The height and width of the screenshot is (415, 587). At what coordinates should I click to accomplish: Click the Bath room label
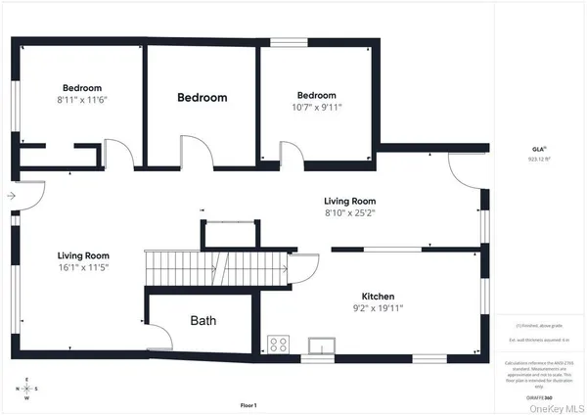203,320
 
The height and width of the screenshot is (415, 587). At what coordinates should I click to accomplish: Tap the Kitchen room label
377,295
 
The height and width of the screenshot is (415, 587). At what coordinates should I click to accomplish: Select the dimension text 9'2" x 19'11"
377,307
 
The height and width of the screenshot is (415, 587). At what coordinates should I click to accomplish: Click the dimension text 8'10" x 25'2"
350,212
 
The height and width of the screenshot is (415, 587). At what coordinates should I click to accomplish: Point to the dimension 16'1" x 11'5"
82,267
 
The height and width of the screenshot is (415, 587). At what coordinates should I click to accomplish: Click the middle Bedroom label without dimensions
202,98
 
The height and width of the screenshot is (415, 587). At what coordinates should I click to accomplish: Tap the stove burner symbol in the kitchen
278,345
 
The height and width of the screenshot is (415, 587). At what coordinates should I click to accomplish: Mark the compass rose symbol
27,390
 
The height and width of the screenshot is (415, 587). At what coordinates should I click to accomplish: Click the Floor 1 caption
248,405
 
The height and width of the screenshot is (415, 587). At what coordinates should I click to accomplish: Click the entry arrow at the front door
11,196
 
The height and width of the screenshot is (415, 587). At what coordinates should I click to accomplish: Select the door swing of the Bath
158,337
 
